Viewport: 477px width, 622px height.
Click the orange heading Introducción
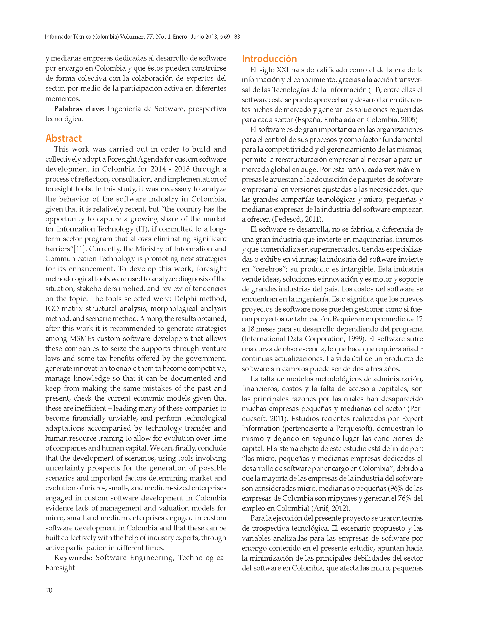pyautogui.click(x=269, y=59)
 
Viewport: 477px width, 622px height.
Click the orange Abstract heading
pyautogui.click(x=64, y=138)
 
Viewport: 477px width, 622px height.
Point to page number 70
pyautogui.click(x=49, y=591)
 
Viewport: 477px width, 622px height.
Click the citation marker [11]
pyautogui.click(x=80, y=249)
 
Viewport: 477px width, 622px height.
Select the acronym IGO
pyautogui.click(x=52, y=308)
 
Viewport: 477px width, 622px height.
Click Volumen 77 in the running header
pyautogui.click(x=136, y=37)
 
